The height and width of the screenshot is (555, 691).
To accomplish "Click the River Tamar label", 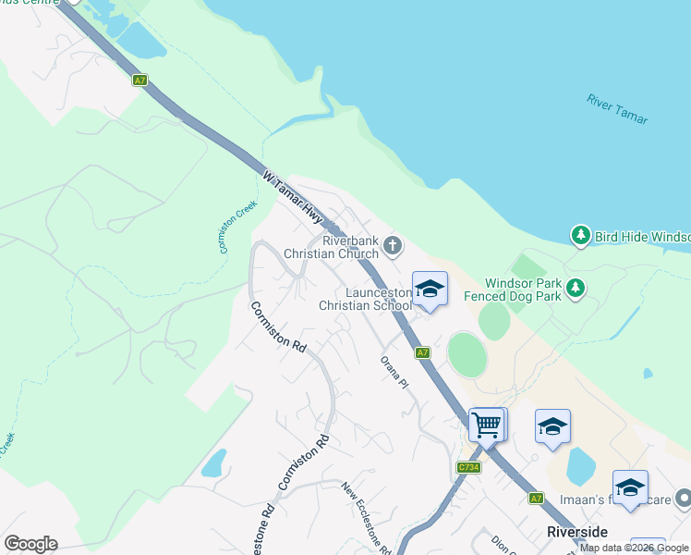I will (x=617, y=108).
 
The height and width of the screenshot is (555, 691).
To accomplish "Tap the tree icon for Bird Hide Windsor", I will (x=580, y=236).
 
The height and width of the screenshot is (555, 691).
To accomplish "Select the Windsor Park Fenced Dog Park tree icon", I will (x=576, y=288).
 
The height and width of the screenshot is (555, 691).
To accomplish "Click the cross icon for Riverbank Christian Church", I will (x=393, y=245).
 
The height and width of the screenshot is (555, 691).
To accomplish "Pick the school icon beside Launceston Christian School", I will (x=430, y=290).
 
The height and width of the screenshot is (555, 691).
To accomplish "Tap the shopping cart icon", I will (x=487, y=425).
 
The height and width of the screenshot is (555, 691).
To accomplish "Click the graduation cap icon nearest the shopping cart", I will (x=552, y=426).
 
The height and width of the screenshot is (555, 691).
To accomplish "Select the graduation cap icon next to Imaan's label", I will (x=630, y=487).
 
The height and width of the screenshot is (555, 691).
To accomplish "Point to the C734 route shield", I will (x=468, y=468).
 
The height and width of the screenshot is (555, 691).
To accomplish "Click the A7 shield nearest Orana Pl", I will (x=422, y=352).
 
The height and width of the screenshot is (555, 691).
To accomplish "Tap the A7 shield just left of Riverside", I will (x=536, y=499).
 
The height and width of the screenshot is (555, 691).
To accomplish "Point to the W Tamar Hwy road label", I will (x=292, y=196).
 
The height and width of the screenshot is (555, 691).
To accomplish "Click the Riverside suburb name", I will (x=577, y=532).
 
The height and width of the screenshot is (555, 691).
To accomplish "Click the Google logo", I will (x=30, y=544).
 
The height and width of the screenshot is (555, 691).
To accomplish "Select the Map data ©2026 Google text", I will (x=635, y=548).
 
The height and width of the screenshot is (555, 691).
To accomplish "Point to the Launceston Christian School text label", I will (x=364, y=298).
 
